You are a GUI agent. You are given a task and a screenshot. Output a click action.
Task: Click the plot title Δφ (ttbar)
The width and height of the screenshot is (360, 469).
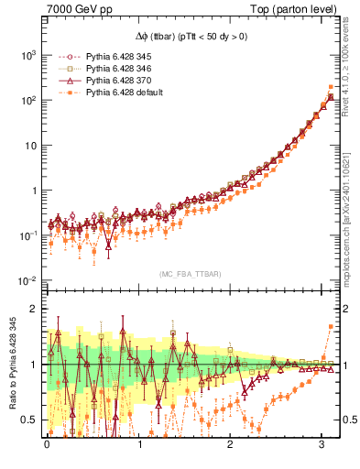pyautogui.click(x=191, y=36)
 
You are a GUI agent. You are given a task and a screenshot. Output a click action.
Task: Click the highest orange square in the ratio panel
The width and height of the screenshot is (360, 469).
pyautogui.click(x=331, y=327)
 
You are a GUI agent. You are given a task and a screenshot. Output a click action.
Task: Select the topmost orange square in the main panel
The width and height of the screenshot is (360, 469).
pyautogui.click(x=331, y=87)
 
